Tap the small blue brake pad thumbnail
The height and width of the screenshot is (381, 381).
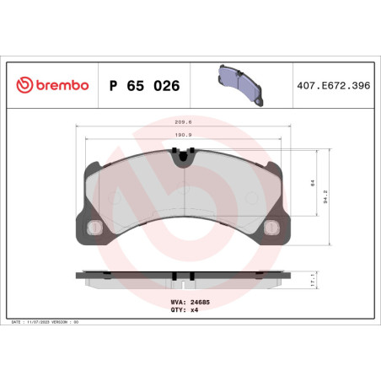pyautogui.click(x=241, y=81)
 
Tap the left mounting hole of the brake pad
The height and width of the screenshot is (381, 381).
pyautogui.click(x=93, y=227)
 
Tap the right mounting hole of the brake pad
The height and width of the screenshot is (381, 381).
pyautogui.click(x=271, y=227)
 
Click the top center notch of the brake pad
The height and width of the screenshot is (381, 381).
pyautogui.click(x=182, y=153)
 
